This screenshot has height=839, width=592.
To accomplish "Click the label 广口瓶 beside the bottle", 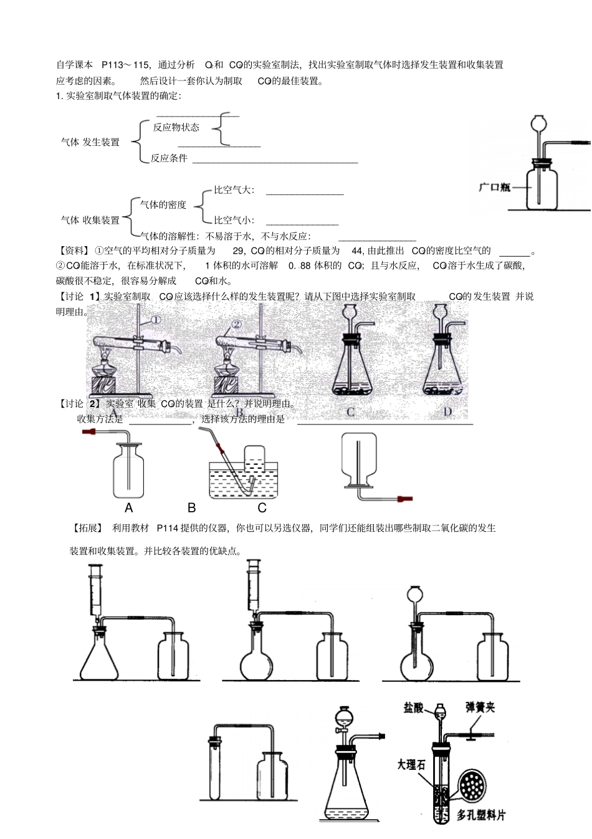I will click(x=494, y=186).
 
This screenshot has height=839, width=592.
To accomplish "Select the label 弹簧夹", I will click(x=480, y=707).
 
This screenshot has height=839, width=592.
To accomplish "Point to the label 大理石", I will click(x=411, y=764).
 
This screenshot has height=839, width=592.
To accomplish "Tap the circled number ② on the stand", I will click(x=236, y=324).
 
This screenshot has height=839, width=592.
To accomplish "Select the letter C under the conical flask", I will click(x=351, y=411).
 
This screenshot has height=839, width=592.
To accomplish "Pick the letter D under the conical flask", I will click(x=447, y=411).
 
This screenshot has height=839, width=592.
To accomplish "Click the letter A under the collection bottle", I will click(x=129, y=508).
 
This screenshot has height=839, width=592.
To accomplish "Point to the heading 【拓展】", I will click(x=88, y=528).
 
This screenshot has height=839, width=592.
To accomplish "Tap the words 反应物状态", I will click(x=176, y=127).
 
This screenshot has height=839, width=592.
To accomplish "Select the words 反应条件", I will click(x=169, y=158).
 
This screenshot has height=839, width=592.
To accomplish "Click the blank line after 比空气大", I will click(x=305, y=194).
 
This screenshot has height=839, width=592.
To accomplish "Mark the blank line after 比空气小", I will click(x=302, y=224).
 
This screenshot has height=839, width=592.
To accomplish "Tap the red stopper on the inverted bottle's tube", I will click(x=404, y=498).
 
